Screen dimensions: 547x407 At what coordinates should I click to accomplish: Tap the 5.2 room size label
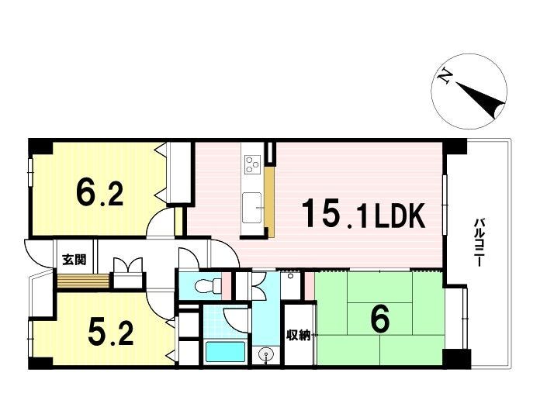pos(111,332)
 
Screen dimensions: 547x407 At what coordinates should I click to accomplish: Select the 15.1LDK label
pos(363,214)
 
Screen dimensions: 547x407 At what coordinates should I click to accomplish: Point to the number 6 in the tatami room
pos(380,319)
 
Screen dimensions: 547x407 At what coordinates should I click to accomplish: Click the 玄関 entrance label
pos(74,259)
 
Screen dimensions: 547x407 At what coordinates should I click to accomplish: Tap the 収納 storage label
pos(298,335)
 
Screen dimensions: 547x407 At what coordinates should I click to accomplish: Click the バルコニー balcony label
pos(479,243)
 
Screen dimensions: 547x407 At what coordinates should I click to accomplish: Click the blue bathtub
pos(225,352)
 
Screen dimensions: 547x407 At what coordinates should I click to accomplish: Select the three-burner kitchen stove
pos(253,164)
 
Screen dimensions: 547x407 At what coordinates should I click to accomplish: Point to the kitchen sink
pos(252,208)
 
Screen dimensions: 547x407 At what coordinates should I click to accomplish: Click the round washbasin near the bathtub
pos(266,355)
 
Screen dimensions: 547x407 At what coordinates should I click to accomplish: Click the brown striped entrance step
pos(83,281)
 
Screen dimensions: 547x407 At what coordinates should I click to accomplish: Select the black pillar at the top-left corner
pos(40,147)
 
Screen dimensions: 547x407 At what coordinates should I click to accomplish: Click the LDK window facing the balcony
pos(445,205)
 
